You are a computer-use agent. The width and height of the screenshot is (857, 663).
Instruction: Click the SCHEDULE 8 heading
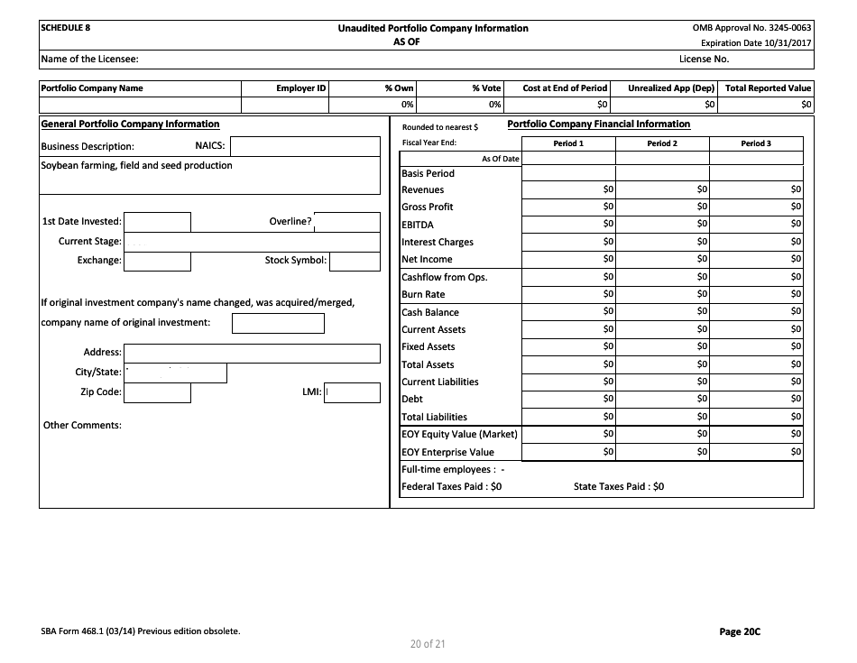tap(66, 28)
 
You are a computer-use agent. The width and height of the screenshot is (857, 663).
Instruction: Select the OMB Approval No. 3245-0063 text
tap(751, 28)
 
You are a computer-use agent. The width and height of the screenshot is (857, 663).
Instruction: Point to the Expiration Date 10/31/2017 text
tap(755, 42)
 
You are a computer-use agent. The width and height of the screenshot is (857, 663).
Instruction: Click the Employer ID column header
tap(300, 88)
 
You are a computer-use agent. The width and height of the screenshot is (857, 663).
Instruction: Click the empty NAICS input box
tap(305, 146)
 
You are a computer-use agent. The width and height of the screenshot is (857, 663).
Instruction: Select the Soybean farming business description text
tap(137, 166)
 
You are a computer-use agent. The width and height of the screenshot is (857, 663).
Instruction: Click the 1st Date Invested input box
tap(157, 222)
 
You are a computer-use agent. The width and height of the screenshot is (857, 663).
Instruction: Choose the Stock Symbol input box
tap(355, 261)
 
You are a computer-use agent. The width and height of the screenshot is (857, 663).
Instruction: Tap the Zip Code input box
tap(157, 392)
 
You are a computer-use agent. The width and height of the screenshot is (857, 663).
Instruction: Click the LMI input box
tap(352, 392)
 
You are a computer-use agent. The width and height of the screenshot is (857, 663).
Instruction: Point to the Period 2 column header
tap(662, 143)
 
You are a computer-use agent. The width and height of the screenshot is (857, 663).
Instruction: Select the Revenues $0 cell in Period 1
tap(568, 190)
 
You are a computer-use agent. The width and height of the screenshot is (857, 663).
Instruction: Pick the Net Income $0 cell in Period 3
tap(756, 260)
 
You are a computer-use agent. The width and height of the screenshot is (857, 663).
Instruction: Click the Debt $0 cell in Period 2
tap(662, 399)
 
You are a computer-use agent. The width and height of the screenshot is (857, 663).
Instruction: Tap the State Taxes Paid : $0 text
tap(619, 486)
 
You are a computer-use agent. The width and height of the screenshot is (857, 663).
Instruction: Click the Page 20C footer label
tap(740, 631)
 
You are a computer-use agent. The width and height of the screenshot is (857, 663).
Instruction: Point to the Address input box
tap(252, 353)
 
